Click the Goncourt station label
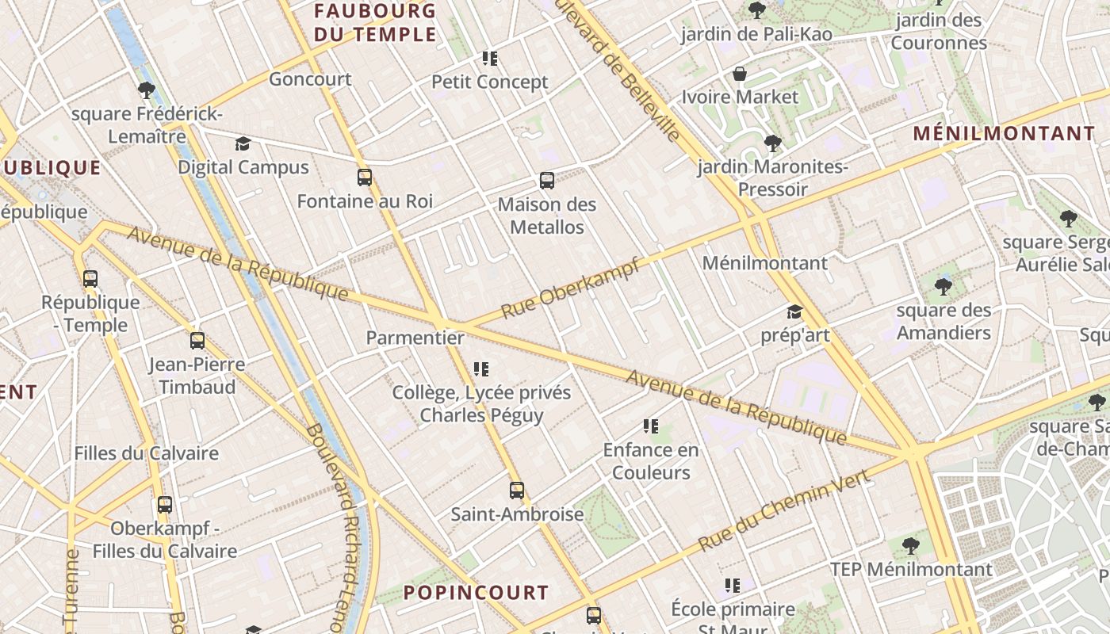310,79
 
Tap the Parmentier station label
415,338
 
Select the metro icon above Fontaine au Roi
365,178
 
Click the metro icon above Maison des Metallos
547,181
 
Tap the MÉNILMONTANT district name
1004,133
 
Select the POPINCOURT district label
476,593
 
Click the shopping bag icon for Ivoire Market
740,74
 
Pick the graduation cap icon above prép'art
794,312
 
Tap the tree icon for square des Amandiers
943,286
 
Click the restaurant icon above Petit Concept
490,59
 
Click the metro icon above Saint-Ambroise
517,491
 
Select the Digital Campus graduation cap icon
243,144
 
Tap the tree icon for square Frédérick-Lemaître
146,90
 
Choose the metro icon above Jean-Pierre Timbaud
197,341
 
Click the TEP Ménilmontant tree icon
911,545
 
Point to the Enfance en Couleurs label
651,461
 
